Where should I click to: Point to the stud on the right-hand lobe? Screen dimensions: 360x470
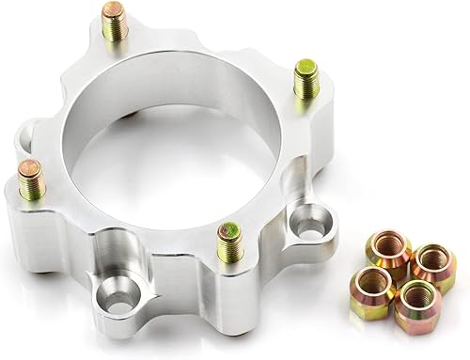[x=305, y=79]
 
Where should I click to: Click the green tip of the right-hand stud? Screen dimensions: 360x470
[x=306, y=67]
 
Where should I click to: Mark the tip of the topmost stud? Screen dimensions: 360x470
[x=114, y=10]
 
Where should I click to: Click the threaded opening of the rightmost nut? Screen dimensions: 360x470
[x=432, y=259]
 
